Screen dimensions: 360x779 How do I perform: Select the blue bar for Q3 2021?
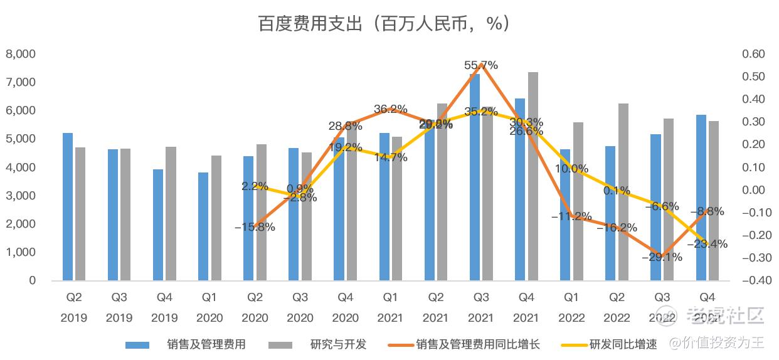click(x=475, y=182)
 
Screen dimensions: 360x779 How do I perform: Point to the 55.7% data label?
click(x=481, y=65)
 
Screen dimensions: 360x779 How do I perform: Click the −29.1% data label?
click(x=662, y=257)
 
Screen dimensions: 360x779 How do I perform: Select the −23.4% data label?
click(x=707, y=244)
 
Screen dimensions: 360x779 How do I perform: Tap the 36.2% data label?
click(x=391, y=109)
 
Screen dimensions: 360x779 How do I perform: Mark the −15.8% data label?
click(x=255, y=227)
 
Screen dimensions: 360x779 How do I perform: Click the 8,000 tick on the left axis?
click(x=21, y=54)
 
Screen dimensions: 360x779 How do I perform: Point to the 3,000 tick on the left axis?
click(x=21, y=196)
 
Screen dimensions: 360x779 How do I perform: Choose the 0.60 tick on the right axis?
click(x=753, y=54)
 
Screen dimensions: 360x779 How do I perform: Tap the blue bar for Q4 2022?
click(x=701, y=198)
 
